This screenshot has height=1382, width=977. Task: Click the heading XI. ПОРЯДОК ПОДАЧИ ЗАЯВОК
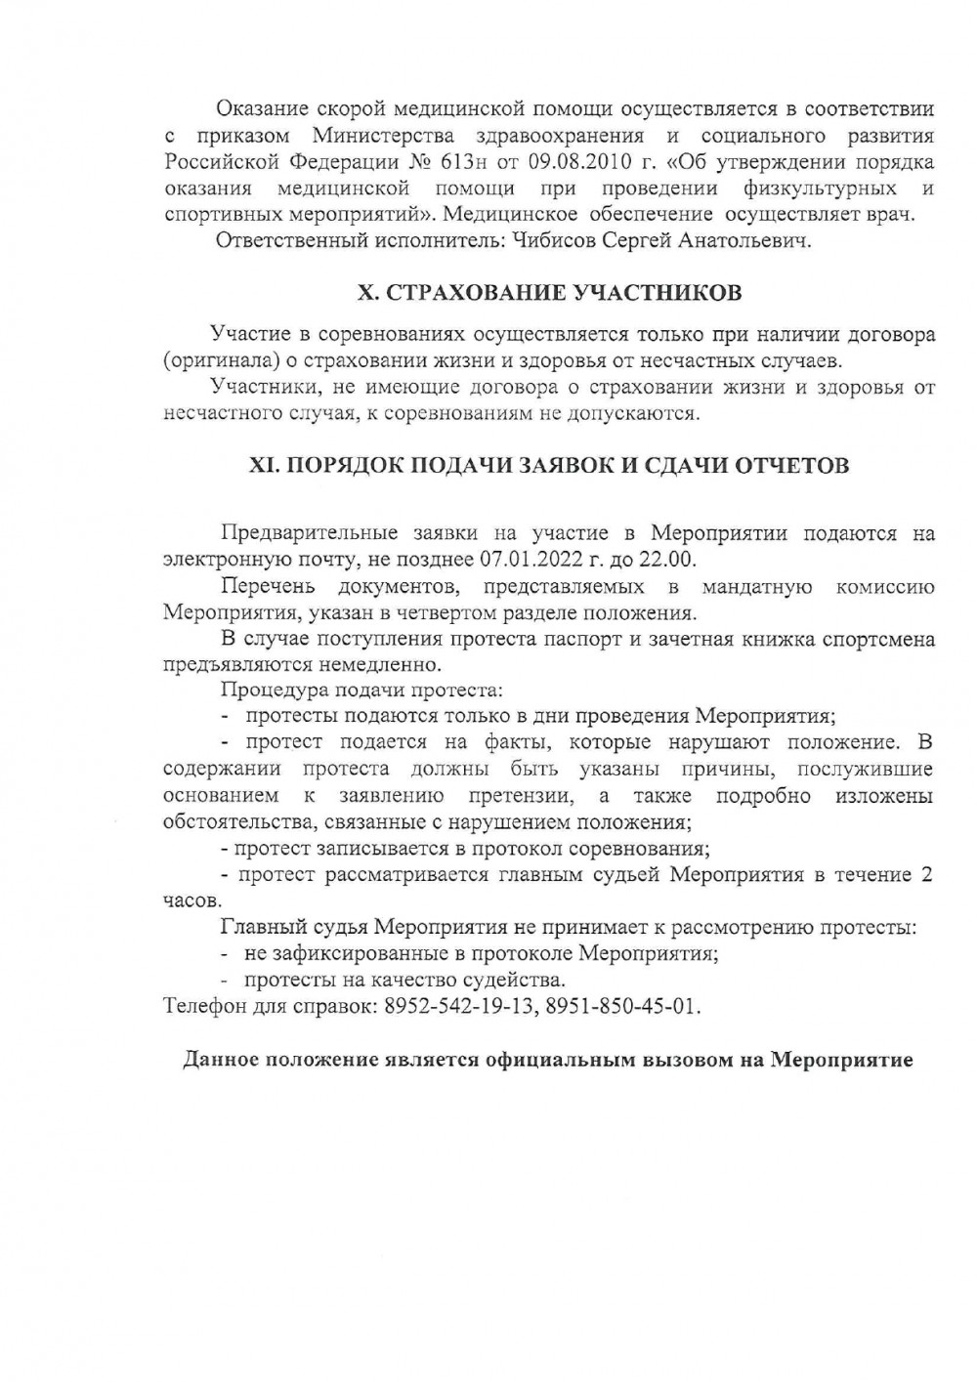tap(549, 465)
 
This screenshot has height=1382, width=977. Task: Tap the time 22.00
tap(664, 561)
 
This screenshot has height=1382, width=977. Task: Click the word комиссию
tap(885, 587)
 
